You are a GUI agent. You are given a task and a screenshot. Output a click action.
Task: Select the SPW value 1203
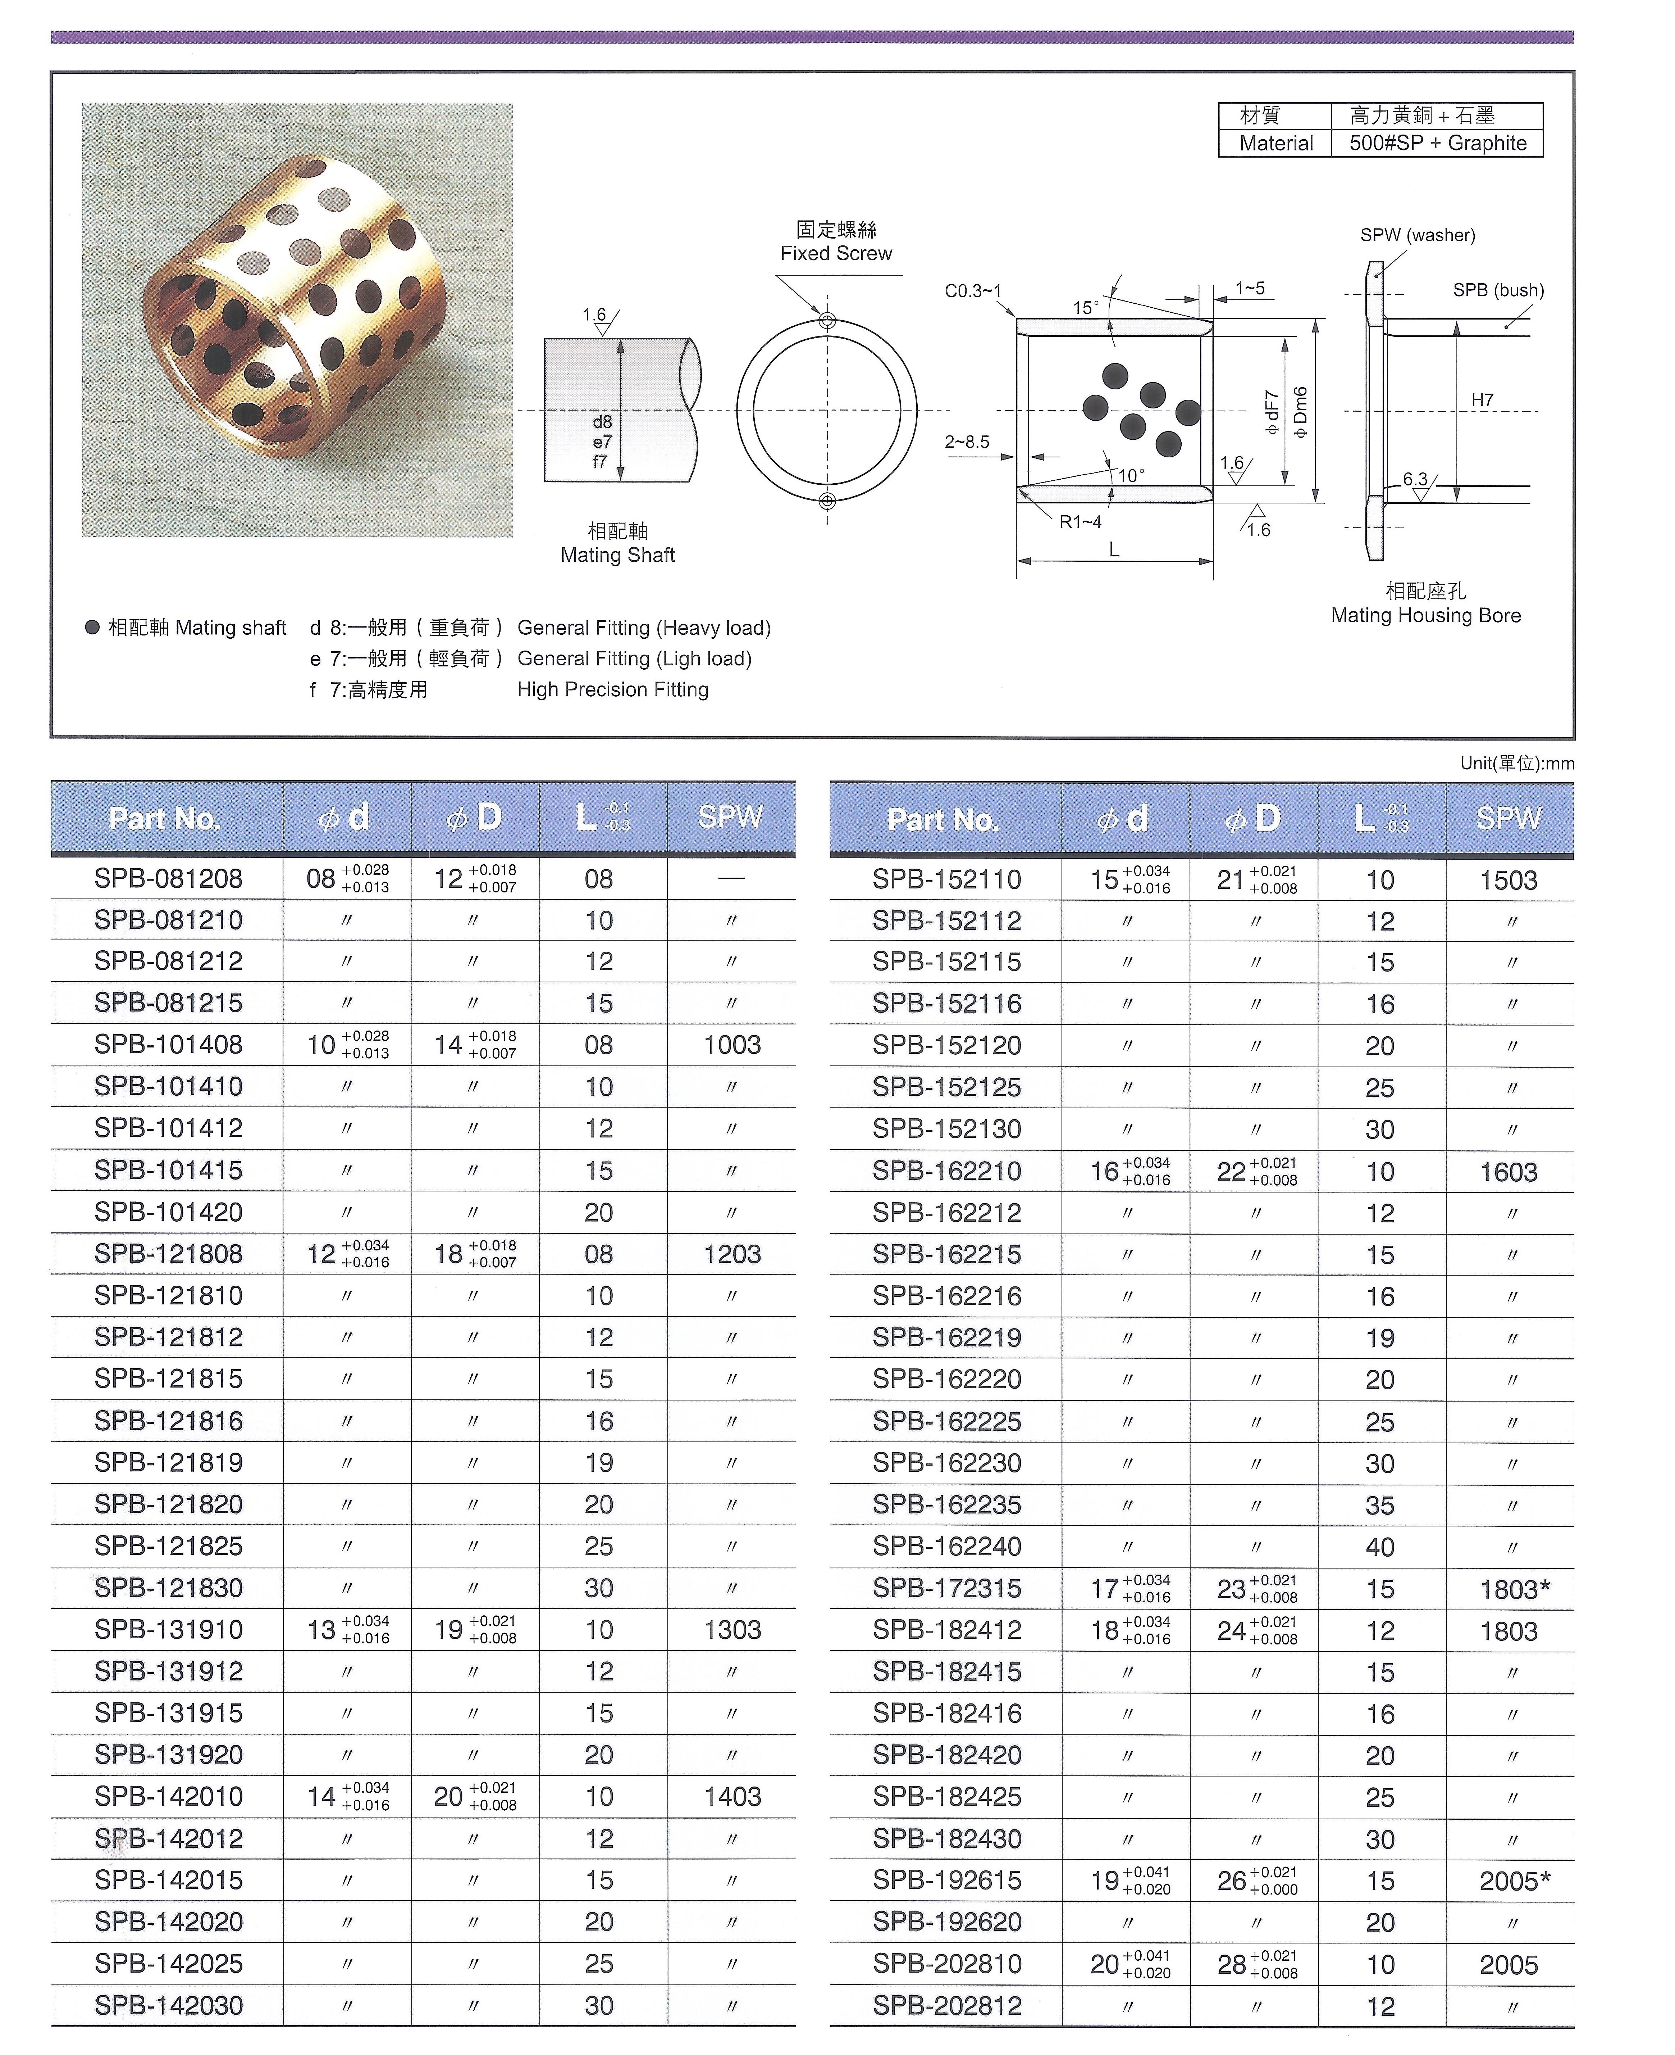tap(732, 1254)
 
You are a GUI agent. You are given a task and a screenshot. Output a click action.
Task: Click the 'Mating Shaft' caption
tap(617, 555)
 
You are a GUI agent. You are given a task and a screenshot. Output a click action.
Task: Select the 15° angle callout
tap(1086, 308)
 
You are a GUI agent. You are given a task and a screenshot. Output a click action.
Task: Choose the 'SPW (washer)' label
tap(1418, 236)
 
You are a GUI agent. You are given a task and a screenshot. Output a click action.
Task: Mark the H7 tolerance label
tap(1482, 400)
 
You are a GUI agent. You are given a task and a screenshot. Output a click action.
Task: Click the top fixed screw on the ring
tap(827, 321)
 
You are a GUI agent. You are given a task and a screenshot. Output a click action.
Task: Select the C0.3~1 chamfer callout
tap(973, 290)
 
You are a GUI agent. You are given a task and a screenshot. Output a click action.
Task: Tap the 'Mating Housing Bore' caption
tap(1425, 616)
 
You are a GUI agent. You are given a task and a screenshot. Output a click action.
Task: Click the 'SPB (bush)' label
tap(1497, 290)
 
